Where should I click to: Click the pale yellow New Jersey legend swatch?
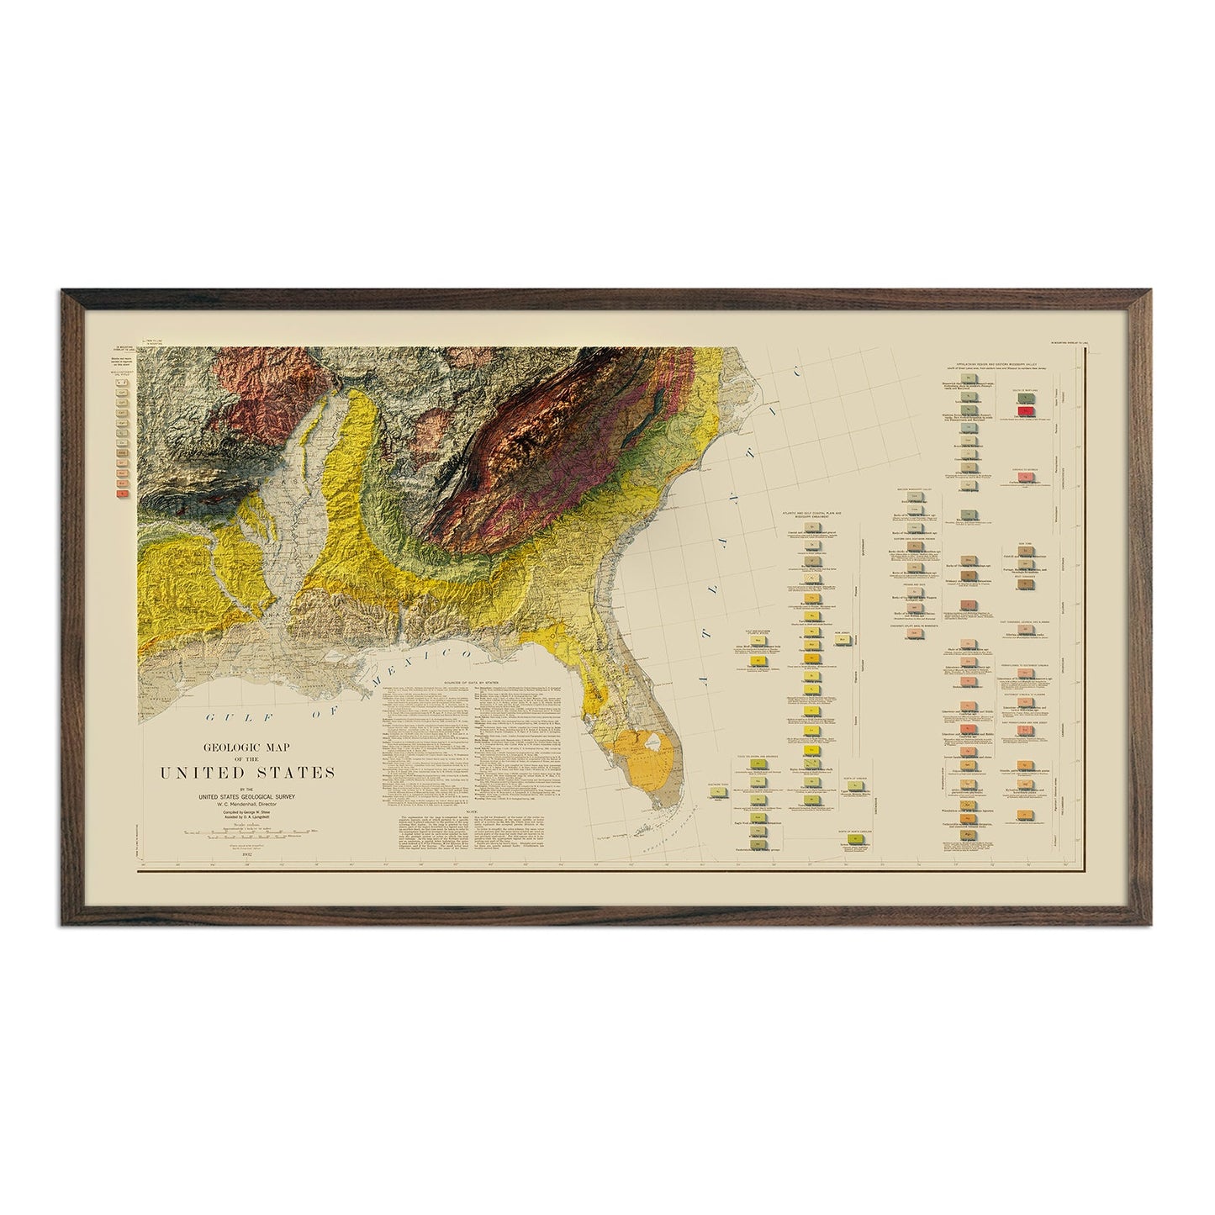pyautogui.click(x=843, y=641)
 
